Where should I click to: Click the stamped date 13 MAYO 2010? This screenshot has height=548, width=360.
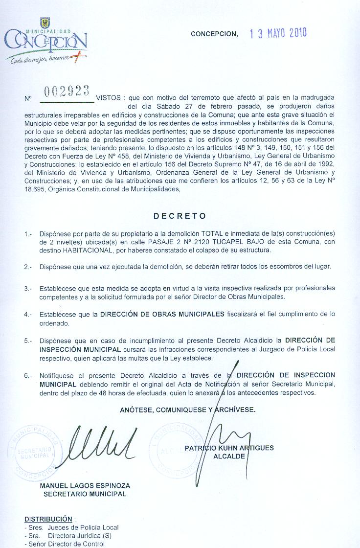click(278, 34)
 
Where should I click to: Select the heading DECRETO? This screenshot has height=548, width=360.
click(180, 216)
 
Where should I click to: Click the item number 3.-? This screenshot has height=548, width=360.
click(28, 289)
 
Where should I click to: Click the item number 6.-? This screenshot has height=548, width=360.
click(28, 376)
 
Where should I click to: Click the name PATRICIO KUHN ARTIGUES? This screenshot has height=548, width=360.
click(229, 448)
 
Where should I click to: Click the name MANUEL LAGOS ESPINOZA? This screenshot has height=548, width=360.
click(85, 485)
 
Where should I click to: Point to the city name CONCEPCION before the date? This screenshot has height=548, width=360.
click(214, 34)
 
